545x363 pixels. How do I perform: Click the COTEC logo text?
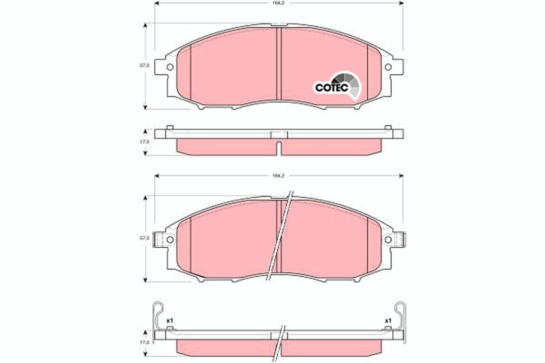(332, 87)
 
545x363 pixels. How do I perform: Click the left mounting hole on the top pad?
(170, 67)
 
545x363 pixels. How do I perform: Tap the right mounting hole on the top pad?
(388, 67)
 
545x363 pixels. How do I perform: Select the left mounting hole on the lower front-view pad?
(170, 239)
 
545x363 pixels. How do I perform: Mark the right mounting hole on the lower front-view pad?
(388, 239)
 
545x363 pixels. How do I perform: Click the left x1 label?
(169, 321)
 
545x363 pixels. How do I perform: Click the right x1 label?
(388, 321)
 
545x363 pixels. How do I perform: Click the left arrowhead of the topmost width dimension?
(157, 3)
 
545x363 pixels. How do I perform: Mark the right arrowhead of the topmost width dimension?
(401, 3)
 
